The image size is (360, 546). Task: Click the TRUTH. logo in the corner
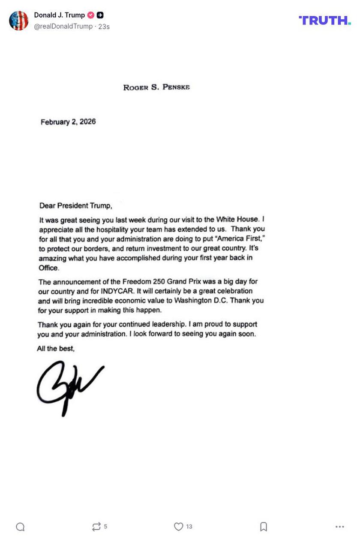[x=324, y=20]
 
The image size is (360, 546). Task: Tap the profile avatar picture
[x=19, y=21]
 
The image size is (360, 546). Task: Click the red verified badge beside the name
[x=90, y=15]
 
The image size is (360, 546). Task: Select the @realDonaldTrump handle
[x=63, y=27]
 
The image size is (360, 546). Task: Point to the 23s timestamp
[x=104, y=27]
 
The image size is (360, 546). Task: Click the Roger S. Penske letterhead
[x=156, y=87]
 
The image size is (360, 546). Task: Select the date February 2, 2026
[x=68, y=122]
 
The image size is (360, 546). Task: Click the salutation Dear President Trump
[x=75, y=206]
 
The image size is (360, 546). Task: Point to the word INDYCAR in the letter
[x=117, y=291]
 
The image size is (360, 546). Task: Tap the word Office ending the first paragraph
[x=48, y=268]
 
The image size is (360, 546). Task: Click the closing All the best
[x=56, y=349]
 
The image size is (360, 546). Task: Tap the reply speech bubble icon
[x=20, y=527]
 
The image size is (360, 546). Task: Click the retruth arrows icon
[x=96, y=527]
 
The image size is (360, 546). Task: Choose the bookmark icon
[x=264, y=527]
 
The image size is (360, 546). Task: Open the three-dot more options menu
[x=340, y=527]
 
